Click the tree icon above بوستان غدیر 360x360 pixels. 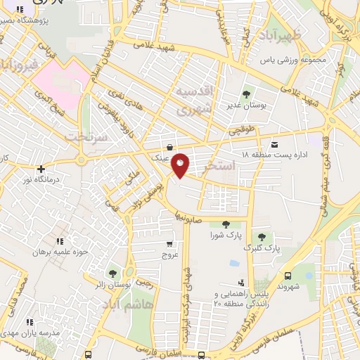(247, 94)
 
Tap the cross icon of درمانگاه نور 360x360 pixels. (41, 169)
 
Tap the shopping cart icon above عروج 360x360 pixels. (167, 240)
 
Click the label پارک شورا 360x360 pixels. (224, 236)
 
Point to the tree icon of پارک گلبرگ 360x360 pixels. (262, 236)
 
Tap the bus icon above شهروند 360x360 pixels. (288, 276)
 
